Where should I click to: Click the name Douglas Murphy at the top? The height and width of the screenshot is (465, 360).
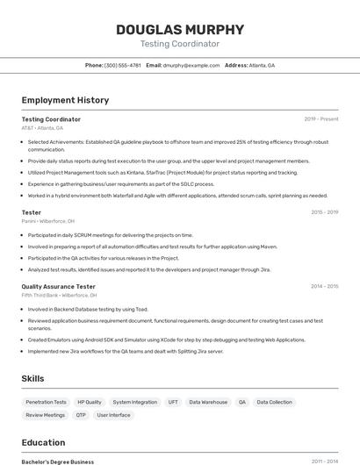point(180,29)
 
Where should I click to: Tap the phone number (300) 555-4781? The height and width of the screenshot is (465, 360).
point(122,65)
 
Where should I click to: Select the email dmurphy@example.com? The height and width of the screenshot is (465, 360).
point(191,65)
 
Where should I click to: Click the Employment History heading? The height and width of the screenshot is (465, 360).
point(65,100)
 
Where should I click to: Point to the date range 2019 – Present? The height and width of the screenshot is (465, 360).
point(321,119)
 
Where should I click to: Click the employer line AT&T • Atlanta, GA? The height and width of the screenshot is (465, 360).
point(42,128)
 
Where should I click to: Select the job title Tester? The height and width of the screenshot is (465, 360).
point(31,212)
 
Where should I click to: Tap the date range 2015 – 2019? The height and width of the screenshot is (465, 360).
point(324,212)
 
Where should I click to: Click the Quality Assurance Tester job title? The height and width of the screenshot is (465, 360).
point(58,286)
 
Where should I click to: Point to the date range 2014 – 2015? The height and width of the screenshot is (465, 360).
point(324,286)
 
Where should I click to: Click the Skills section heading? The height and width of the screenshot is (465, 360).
point(33,378)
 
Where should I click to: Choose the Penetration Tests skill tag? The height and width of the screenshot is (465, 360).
point(47,402)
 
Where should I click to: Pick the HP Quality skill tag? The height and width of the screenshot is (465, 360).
point(90,402)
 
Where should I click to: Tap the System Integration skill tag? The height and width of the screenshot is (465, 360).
point(135,402)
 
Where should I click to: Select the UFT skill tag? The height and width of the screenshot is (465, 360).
point(173,402)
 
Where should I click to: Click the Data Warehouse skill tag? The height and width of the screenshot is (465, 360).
point(208,402)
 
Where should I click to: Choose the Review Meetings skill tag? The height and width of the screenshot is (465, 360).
point(46,415)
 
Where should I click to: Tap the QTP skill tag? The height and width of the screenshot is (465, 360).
point(81,415)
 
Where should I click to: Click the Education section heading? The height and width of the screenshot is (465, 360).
point(43,442)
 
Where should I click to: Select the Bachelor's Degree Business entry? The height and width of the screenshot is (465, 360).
point(58,461)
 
